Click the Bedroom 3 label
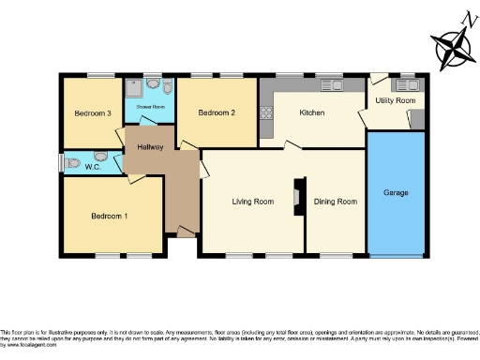[93, 113]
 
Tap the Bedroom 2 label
[216, 112]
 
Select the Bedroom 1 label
[110, 216]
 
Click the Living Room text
[253, 201]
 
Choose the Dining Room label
[335, 201]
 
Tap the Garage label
[396, 192]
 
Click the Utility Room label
[395, 99]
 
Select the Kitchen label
[311, 112]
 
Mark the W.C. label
[93, 168]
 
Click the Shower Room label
[150, 107]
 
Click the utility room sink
[409, 83]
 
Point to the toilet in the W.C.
[113, 160]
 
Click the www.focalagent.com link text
[28, 347]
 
